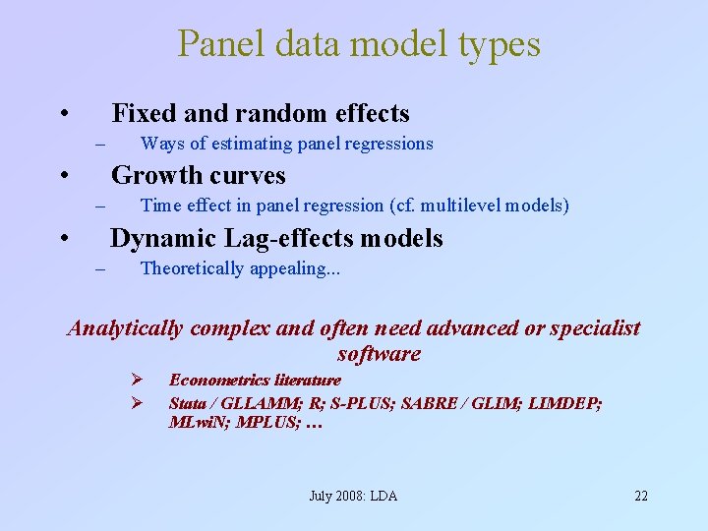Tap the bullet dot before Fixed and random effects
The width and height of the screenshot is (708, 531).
63,114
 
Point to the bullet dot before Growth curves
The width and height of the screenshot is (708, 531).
63,176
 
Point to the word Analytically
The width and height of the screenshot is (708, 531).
125,328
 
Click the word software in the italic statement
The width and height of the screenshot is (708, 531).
378,354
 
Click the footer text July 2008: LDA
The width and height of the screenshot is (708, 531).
353,496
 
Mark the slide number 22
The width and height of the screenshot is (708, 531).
640,496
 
